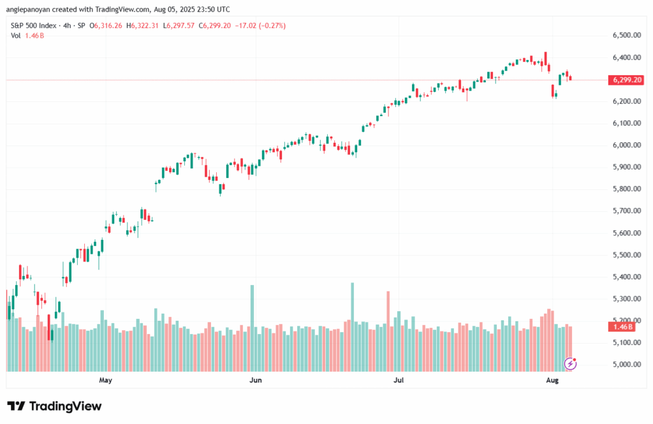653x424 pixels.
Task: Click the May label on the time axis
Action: (105, 381)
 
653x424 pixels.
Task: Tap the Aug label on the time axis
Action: (552, 381)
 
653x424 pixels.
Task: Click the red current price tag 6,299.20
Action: (626, 80)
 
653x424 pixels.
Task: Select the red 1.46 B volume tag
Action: (622, 326)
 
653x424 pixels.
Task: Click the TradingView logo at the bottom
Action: (54, 406)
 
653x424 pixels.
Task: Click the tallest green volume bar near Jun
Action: (253, 328)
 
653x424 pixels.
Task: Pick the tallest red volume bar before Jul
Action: (388, 332)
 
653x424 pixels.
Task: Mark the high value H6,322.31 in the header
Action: (145, 26)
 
